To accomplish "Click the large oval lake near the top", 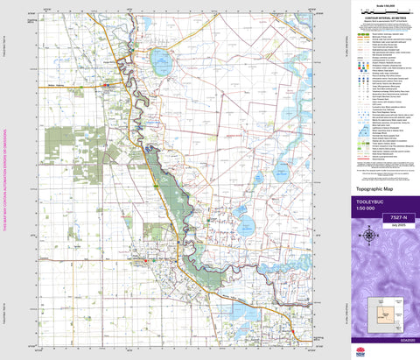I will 161,61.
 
